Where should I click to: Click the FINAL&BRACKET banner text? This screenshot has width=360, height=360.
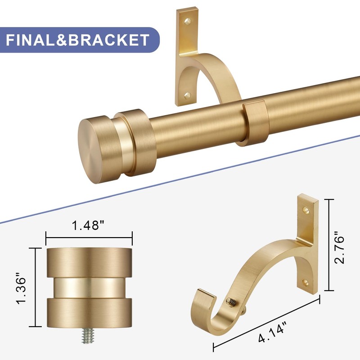(x=77, y=40)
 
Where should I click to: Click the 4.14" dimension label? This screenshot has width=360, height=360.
(x=273, y=333)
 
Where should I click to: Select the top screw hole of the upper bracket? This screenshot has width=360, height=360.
(x=188, y=22)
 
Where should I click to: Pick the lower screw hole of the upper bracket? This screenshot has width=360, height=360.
(x=187, y=95)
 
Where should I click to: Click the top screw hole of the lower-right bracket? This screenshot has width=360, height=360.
(x=306, y=209)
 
